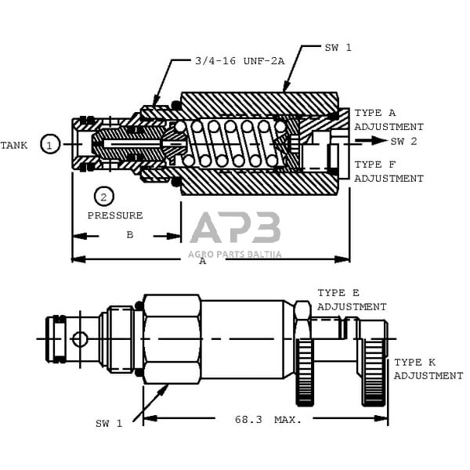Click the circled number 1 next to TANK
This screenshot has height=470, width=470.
point(50,144)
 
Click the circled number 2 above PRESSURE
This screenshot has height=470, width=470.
point(103,197)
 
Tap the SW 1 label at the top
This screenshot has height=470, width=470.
point(338,48)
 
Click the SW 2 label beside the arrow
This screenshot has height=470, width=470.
point(404,141)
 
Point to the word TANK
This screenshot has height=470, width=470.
point(13,145)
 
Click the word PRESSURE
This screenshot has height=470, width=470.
point(114,215)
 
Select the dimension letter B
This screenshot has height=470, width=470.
point(130,234)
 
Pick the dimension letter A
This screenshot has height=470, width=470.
point(203,261)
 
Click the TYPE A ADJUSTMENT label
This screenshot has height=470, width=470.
point(388,120)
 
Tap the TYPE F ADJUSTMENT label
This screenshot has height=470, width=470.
point(388,172)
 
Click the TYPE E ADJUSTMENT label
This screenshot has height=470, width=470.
point(352,300)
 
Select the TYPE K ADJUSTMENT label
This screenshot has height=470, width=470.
point(428,369)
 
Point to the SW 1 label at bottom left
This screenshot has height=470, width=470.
point(110,424)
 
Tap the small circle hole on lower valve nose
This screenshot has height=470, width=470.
point(79,339)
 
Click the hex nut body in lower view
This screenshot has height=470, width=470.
point(171,338)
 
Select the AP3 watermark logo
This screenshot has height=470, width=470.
point(235,229)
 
